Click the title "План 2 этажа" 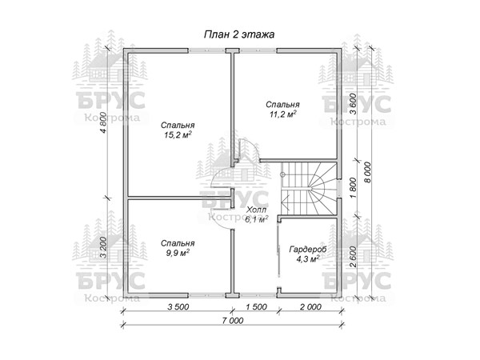click(239, 34)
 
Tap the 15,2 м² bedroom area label click(178, 135)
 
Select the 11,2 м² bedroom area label click(283, 114)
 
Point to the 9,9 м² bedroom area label click(178, 253)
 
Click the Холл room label click(257, 210)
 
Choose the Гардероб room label click(308, 249)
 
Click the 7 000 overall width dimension click(234, 321)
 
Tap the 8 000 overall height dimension click(367, 172)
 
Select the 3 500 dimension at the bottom click(178, 306)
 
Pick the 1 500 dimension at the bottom click(256, 306)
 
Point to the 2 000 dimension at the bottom click(310, 306)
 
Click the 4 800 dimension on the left click(103, 122)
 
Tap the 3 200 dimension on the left click(103, 247)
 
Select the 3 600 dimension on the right click(353, 104)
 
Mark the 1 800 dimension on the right click(353, 188)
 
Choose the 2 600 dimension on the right click(353, 257)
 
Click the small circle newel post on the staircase click(282, 174)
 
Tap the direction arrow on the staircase click(286, 202)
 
